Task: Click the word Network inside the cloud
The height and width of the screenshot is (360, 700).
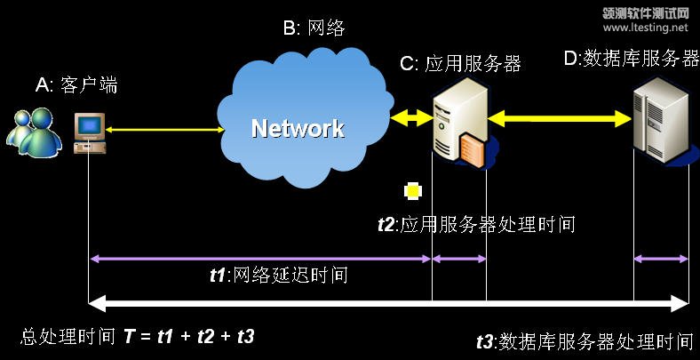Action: (298, 129)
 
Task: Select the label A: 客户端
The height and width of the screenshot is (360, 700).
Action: (76, 85)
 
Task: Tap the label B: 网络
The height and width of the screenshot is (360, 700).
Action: (314, 29)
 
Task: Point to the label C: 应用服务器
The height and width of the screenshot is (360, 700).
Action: (460, 63)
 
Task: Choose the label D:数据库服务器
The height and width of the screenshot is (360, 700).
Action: (632, 59)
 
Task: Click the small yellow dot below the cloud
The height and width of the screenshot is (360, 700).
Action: (412, 190)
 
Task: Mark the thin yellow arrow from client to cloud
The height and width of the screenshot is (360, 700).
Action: (164, 131)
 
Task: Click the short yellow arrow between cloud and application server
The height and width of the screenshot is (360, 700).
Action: (410, 116)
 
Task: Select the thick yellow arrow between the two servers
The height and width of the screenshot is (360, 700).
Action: (559, 116)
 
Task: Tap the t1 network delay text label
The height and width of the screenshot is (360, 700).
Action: (277, 276)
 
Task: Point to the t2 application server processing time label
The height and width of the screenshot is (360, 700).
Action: (476, 225)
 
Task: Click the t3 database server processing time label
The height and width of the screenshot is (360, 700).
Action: (585, 340)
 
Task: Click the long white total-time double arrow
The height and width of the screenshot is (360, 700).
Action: (390, 305)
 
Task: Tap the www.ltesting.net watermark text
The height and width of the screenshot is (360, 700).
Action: (646, 28)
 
